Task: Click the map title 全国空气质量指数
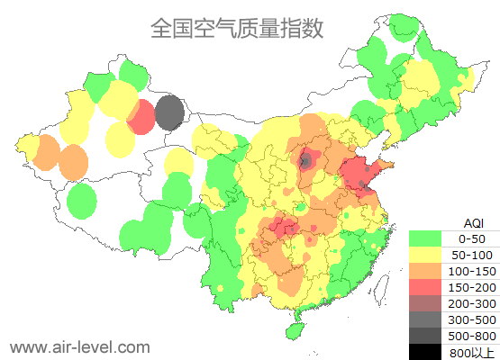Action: click(x=237, y=28)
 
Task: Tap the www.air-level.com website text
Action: click(x=78, y=346)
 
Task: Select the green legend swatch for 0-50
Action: click(x=429, y=238)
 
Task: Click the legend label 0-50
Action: click(x=471, y=238)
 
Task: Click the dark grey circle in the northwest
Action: click(x=169, y=113)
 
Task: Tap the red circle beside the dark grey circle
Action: click(x=141, y=117)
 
